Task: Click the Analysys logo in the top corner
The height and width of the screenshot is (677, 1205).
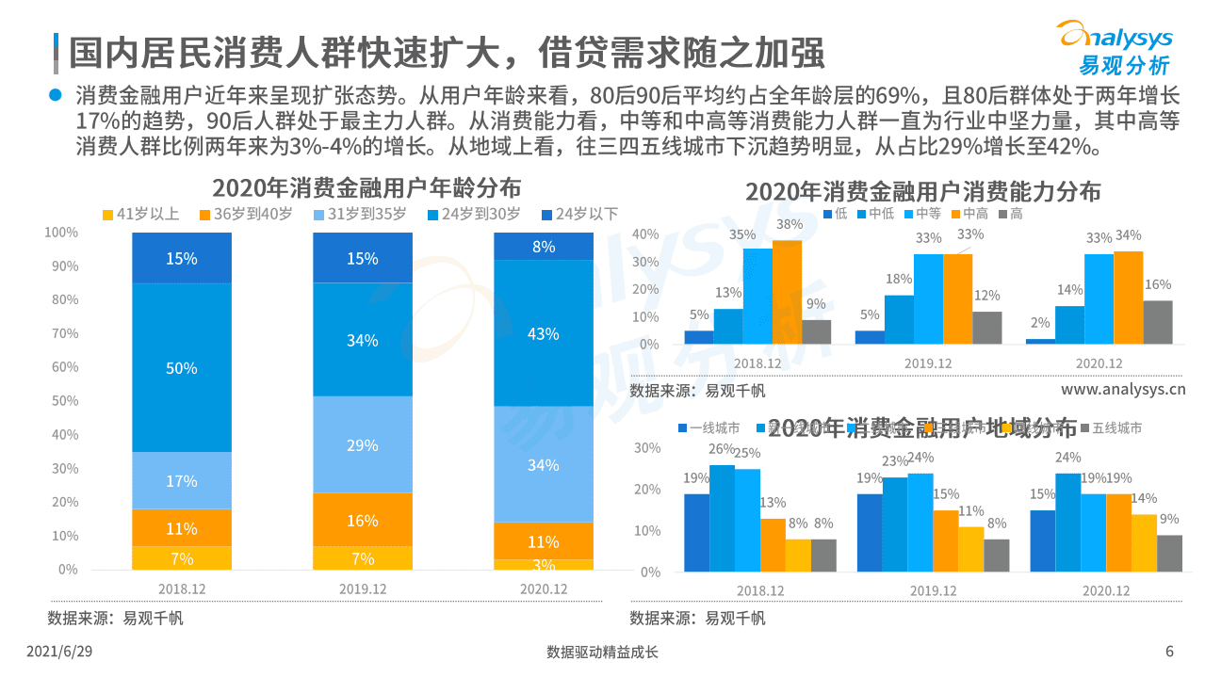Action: coord(1115,47)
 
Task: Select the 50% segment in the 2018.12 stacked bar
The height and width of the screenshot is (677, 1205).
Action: coord(182,367)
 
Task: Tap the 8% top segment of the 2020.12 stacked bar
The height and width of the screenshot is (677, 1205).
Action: coord(544,247)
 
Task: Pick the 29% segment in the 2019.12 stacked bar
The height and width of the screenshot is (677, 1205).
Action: coord(363,444)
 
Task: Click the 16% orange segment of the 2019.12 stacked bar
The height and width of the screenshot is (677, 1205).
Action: coord(363,520)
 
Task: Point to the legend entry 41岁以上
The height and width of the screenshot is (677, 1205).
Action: coord(140,214)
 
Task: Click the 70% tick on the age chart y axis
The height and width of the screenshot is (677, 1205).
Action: coord(64,333)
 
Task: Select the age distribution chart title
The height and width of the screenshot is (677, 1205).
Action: coord(366,186)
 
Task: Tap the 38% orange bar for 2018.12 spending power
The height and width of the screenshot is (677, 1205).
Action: coord(787,292)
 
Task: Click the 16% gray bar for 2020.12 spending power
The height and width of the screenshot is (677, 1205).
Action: coord(1158,322)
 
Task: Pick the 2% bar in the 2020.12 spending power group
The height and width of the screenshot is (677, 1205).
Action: coord(1040,341)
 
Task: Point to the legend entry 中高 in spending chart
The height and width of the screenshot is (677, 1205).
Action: coord(967,214)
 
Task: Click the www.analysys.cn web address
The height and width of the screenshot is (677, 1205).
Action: coord(1123,390)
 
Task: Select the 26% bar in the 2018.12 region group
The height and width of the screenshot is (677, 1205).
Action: coord(722,518)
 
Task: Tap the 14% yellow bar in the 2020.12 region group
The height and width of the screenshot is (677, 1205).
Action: coord(1144,542)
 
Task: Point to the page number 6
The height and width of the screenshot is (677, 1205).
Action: coord(1169,652)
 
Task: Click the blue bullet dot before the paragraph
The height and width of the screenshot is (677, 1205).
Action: coord(55,96)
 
